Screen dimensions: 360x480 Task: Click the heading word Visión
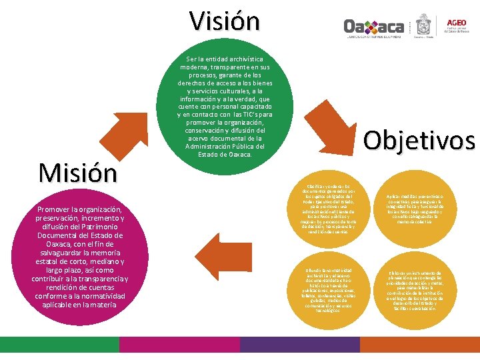coord(224,21)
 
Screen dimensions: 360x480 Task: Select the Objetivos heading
coord(419,141)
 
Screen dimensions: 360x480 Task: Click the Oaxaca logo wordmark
coord(373,26)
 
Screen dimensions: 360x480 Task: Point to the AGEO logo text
coord(457,21)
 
